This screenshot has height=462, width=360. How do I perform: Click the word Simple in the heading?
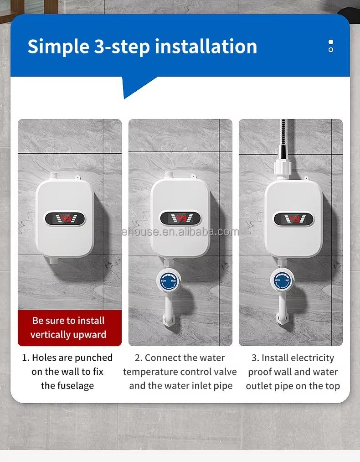[x=58, y=47]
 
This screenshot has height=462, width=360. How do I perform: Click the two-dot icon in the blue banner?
[x=331, y=46]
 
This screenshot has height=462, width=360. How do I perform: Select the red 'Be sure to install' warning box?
[x=70, y=327]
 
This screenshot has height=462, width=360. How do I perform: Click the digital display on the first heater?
[x=65, y=218]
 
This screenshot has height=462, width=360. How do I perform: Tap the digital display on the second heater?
[x=180, y=218]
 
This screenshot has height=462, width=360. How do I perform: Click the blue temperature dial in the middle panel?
[x=168, y=281]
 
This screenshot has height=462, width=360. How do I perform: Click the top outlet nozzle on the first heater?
[x=54, y=176]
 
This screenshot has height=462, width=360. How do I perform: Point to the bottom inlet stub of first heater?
[x=54, y=260]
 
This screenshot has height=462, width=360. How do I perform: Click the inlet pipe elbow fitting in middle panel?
[x=169, y=319]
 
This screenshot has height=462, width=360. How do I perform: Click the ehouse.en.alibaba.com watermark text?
[x=180, y=232]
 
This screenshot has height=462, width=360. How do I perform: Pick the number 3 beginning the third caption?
[x=254, y=358]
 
